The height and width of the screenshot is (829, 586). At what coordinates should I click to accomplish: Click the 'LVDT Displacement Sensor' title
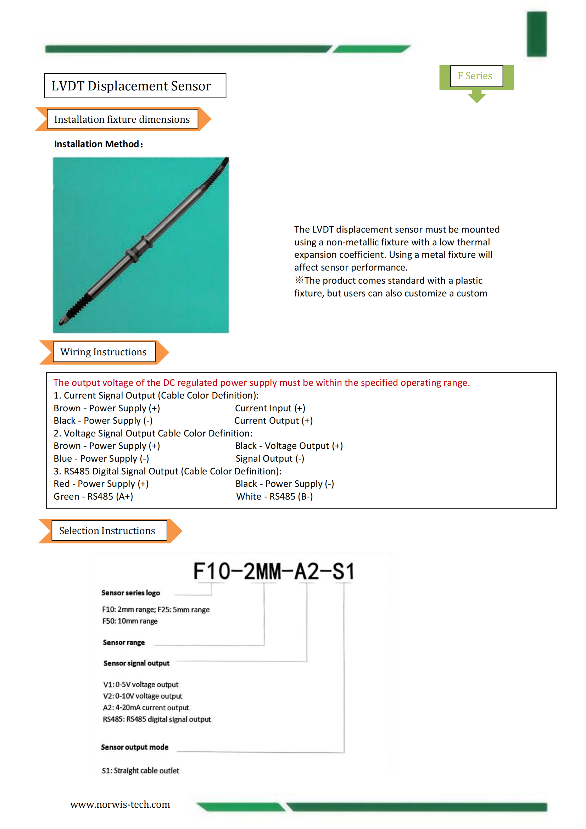click(x=131, y=86)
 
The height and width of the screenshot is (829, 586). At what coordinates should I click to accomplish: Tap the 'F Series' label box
click(x=475, y=76)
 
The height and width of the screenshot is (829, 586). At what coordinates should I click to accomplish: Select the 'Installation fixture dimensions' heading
click(x=122, y=119)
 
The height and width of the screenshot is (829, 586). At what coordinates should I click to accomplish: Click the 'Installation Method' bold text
click(x=98, y=144)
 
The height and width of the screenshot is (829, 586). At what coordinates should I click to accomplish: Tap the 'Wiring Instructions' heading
click(x=104, y=352)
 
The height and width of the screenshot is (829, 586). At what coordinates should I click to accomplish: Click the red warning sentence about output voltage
click(x=261, y=382)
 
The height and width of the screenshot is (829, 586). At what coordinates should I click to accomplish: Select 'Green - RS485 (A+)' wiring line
click(x=93, y=496)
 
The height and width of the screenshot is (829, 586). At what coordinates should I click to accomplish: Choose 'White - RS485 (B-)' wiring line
click(x=274, y=496)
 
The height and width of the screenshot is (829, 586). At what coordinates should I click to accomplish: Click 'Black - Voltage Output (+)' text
click(x=289, y=446)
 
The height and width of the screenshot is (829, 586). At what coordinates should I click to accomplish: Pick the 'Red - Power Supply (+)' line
click(x=101, y=484)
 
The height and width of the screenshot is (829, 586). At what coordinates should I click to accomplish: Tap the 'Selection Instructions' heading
click(x=107, y=530)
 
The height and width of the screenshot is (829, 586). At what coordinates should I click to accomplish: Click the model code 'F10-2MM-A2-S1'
click(x=274, y=571)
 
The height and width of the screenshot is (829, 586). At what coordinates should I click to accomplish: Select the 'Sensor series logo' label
click(x=131, y=593)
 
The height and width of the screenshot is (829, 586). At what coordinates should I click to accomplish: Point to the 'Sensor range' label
click(x=124, y=642)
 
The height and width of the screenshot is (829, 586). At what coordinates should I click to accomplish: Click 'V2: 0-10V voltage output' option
click(x=143, y=696)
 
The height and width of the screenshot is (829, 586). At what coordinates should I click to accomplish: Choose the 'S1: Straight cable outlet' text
click(x=140, y=770)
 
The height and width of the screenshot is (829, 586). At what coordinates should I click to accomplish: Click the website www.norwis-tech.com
click(x=120, y=805)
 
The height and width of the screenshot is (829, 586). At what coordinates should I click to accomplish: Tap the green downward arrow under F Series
click(x=476, y=97)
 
